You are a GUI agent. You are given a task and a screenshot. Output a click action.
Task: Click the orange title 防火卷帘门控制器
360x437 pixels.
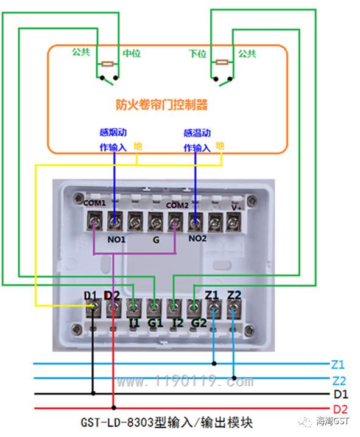pos(161,105)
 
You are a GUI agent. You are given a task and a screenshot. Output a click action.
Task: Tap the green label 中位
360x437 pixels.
pos(132,53)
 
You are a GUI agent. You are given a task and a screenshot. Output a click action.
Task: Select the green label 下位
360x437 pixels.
pos(198,54)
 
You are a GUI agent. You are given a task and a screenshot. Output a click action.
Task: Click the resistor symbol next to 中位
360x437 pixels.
pos(107,64)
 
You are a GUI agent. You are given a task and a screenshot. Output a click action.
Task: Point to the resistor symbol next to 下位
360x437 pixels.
pos(222,62)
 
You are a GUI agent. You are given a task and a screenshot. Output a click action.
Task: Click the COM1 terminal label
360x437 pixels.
pos(94,203)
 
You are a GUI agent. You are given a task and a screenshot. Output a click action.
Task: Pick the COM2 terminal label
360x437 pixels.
pos(177,205)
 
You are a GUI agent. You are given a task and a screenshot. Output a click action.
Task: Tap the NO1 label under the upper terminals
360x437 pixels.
pos(116,239)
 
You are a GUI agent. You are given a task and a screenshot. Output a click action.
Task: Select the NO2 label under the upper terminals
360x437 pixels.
pos(198,239)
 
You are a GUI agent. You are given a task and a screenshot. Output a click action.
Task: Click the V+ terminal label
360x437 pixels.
pos(236,208)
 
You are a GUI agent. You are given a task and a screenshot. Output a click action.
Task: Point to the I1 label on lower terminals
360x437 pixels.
pos(134,323)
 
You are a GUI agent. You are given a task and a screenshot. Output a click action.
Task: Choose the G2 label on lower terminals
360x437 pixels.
pos(199,323)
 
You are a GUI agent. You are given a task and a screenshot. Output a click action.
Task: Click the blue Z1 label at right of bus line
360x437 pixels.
pos(338,365)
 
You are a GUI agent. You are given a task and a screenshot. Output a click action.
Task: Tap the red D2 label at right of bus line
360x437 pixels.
pos(341,410)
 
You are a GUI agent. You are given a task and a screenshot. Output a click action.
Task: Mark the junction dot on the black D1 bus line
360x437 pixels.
pos(93,393)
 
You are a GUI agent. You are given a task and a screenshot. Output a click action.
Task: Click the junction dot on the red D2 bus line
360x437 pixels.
pos(114,408)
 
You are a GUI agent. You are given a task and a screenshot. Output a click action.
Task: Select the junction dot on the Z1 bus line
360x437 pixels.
pos(214,363)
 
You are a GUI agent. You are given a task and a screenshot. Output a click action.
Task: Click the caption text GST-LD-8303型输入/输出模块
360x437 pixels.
pos(167,422)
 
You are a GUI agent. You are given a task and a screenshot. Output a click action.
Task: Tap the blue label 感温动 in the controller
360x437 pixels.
pos(197,133)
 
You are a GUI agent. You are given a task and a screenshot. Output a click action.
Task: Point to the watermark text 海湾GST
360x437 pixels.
pos(333,421)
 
